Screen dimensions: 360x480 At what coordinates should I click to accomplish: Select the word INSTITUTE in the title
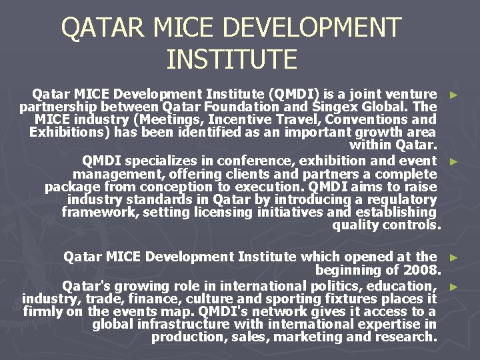tap(231, 59)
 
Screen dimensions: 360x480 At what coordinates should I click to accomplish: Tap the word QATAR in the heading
tap(102, 28)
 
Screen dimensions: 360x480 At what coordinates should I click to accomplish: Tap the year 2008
tap(421, 270)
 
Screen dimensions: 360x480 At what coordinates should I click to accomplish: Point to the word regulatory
tap(399, 199)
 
